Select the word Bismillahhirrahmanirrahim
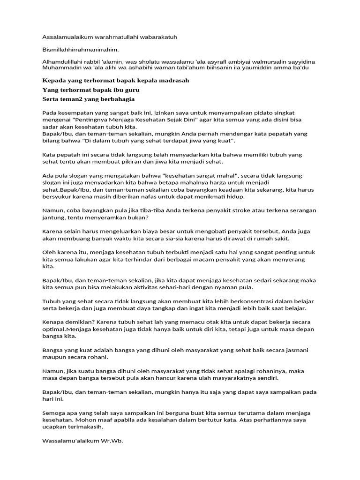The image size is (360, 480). coord(80,50)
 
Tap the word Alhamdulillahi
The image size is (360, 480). coord(63,62)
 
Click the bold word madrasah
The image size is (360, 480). coord(172,80)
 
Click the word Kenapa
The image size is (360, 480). coord(53,322)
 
